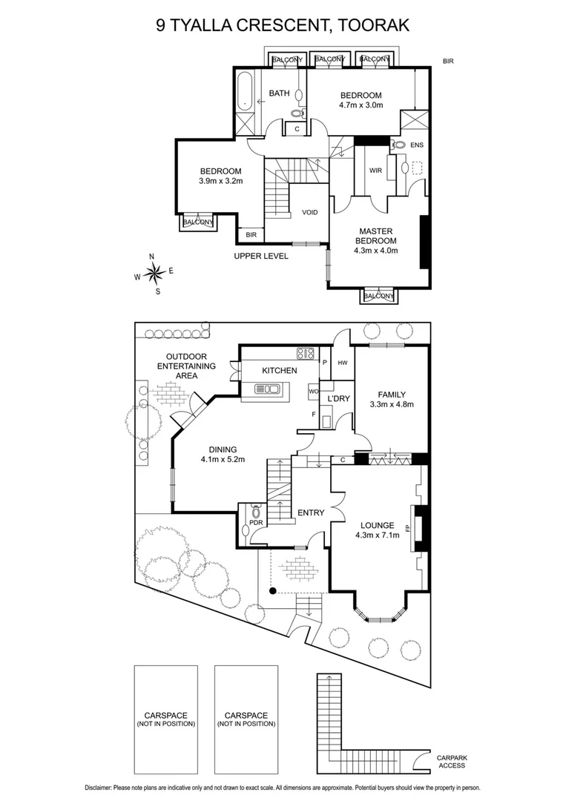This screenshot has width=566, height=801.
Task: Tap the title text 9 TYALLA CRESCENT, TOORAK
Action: (283, 25)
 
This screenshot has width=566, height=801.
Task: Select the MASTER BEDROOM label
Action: (376, 236)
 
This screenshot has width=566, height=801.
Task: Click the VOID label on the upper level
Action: (309, 213)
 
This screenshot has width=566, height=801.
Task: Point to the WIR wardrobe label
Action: (375, 171)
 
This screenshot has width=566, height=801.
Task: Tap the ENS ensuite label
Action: (417, 145)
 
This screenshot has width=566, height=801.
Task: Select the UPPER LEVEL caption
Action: (260, 256)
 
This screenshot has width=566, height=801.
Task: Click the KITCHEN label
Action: (279, 370)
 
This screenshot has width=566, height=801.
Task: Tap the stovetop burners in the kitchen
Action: (305, 353)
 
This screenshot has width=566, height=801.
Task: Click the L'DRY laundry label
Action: (339, 399)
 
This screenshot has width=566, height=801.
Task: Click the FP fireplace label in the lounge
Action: (407, 529)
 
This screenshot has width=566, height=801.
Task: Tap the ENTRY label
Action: (312, 512)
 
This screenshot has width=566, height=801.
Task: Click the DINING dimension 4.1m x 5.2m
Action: (223, 459)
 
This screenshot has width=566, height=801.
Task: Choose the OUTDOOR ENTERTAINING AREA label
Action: (191, 366)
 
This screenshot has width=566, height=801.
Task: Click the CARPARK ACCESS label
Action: (452, 762)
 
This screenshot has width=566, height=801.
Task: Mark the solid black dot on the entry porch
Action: (273, 590)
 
